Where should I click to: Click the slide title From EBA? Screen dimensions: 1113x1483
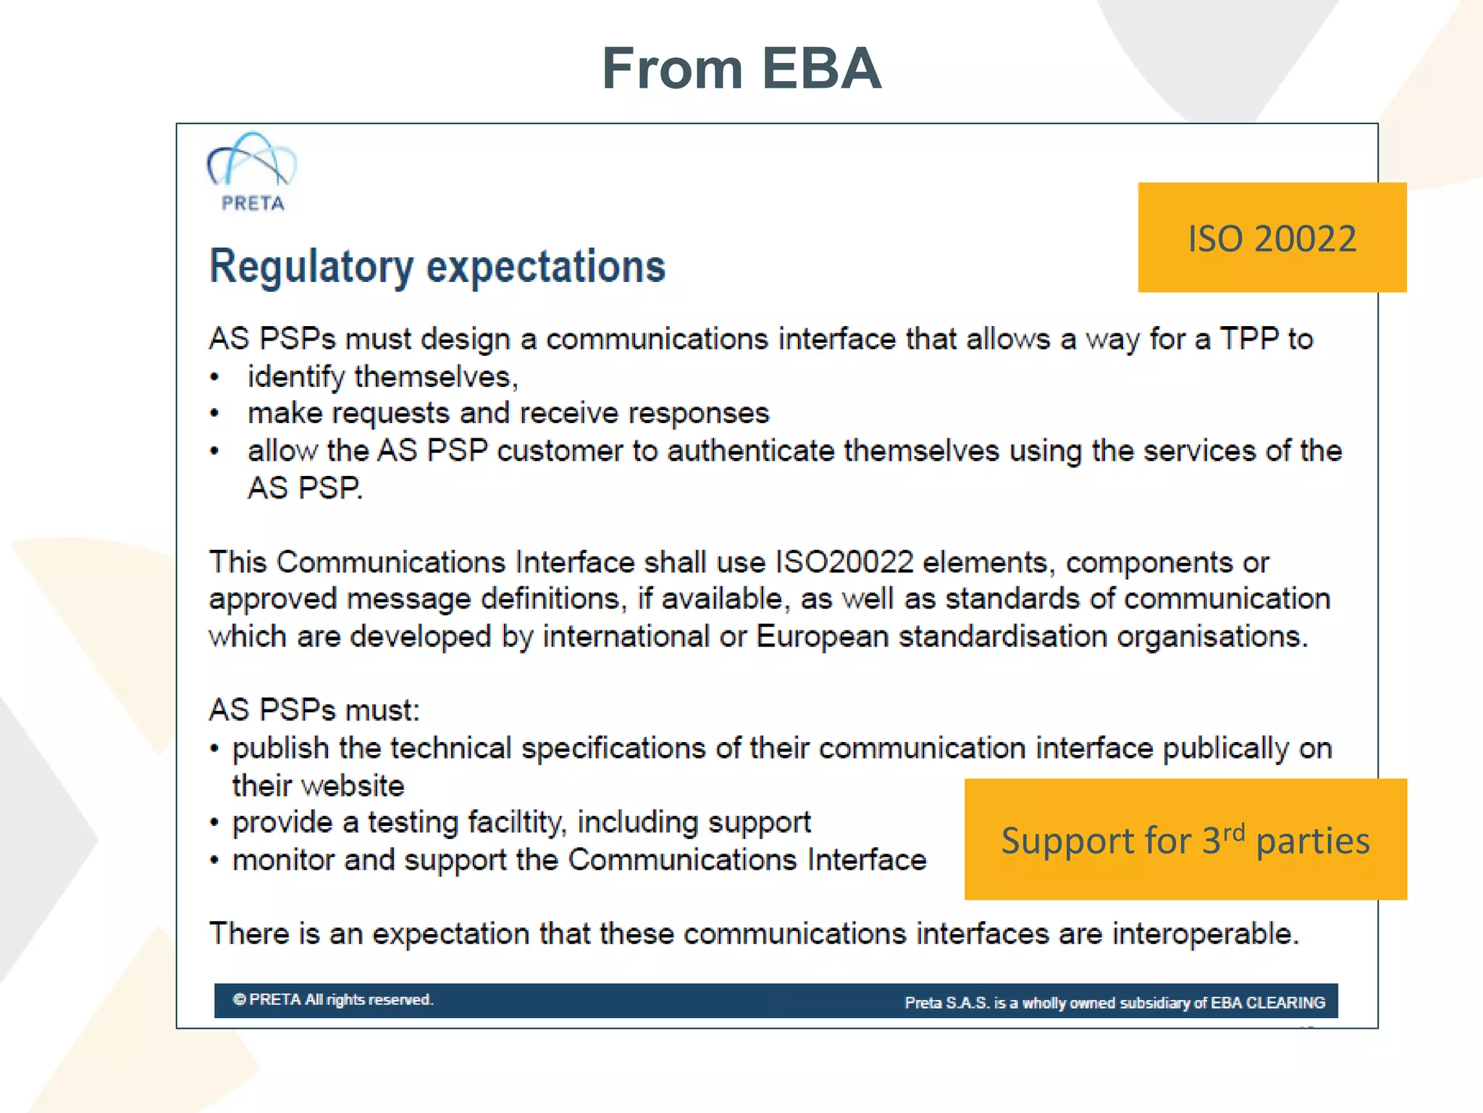tap(741, 69)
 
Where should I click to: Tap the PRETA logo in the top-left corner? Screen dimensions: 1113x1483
tap(252, 172)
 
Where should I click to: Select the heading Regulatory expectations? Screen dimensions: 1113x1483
tap(437, 266)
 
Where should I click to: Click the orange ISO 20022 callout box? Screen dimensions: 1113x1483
tap(1272, 238)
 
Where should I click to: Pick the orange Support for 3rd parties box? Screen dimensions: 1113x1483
tap(1185, 840)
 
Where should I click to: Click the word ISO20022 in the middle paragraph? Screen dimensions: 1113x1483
tap(844, 562)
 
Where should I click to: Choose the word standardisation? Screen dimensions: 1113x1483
tap(1002, 637)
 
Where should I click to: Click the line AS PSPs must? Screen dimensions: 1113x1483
tap(314, 710)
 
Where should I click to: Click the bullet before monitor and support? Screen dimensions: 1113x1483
tap(214, 861)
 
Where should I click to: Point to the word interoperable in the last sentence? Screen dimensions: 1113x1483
tap(1205, 933)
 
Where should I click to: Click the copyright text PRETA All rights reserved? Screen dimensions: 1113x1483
tap(333, 1000)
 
